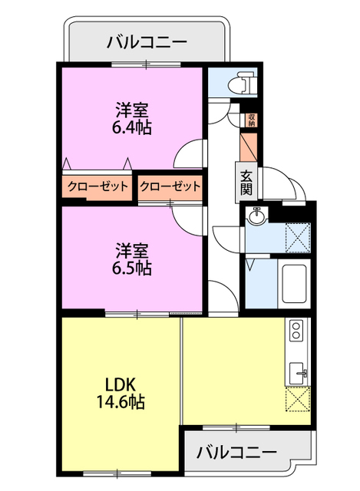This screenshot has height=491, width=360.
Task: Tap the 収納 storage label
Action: coord(252,120)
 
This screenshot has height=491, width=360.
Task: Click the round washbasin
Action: coord(256,218)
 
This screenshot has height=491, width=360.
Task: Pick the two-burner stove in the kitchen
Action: coord(296,331)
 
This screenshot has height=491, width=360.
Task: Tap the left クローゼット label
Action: coord(97,186)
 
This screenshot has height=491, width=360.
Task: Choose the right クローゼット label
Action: coord(170,186)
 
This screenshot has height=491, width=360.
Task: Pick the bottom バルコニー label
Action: coord(236,452)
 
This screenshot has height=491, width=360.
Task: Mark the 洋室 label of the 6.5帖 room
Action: coord(131,250)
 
